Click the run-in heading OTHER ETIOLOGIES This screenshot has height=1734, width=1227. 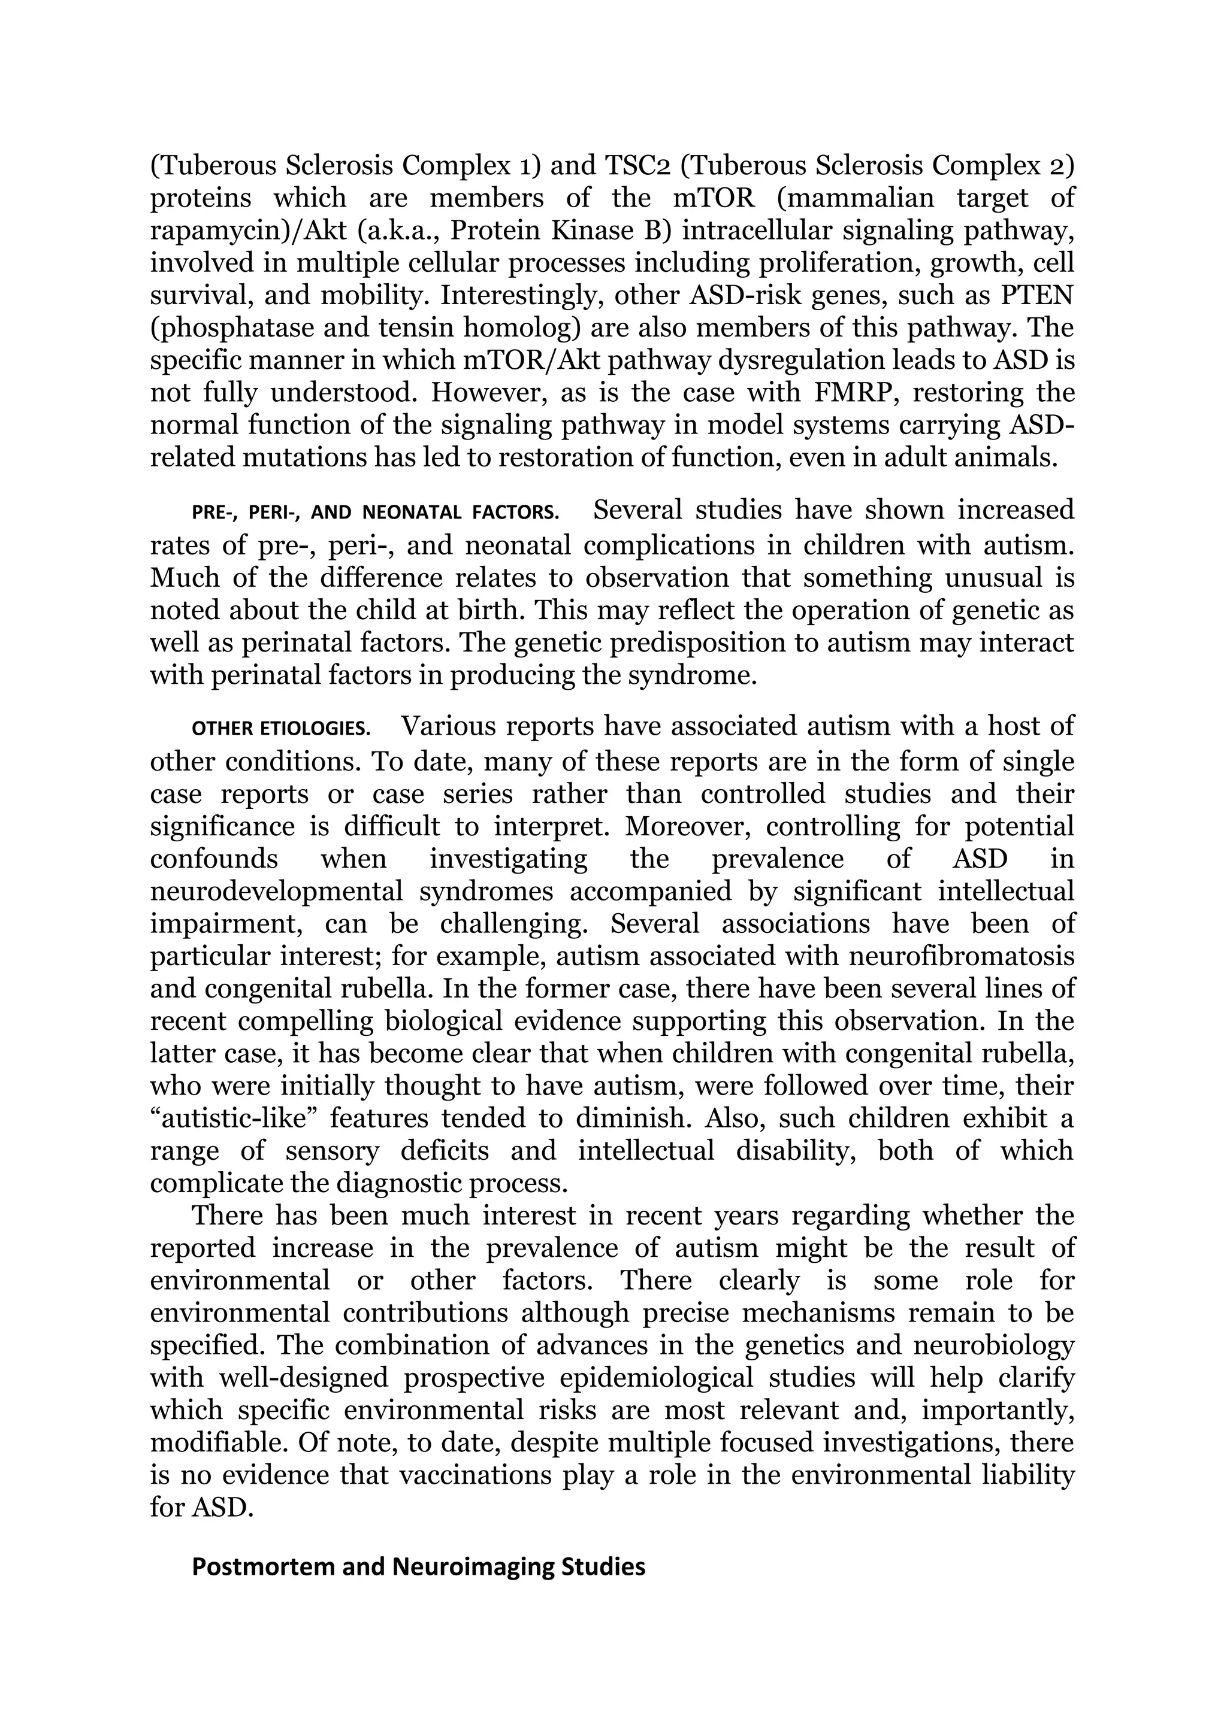tap(281, 729)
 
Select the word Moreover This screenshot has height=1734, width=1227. tap(687, 826)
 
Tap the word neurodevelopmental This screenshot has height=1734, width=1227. tap(277, 891)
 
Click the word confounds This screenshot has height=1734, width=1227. tap(214, 859)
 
